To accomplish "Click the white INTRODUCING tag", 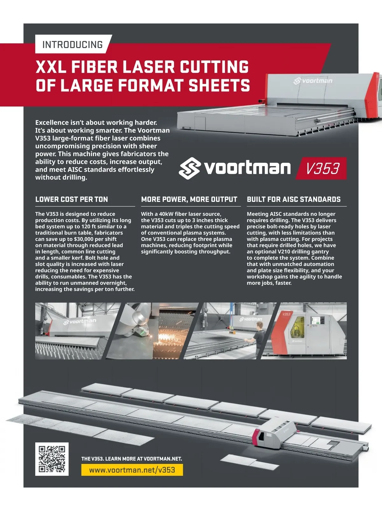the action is (x=73, y=44).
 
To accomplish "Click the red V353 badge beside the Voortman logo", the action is (x=322, y=168).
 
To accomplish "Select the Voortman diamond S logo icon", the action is (x=190, y=168).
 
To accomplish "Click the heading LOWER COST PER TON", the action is (x=72, y=199).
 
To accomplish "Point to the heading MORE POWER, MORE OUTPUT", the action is (x=189, y=199).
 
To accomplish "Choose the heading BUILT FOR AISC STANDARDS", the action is (x=294, y=199).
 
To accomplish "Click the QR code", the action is (x=52, y=459).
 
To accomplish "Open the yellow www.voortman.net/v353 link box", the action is (x=132, y=470).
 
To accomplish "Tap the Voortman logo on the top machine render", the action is (x=313, y=81).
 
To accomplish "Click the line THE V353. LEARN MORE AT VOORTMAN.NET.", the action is (x=131, y=458).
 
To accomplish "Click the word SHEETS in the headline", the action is (x=219, y=86).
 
